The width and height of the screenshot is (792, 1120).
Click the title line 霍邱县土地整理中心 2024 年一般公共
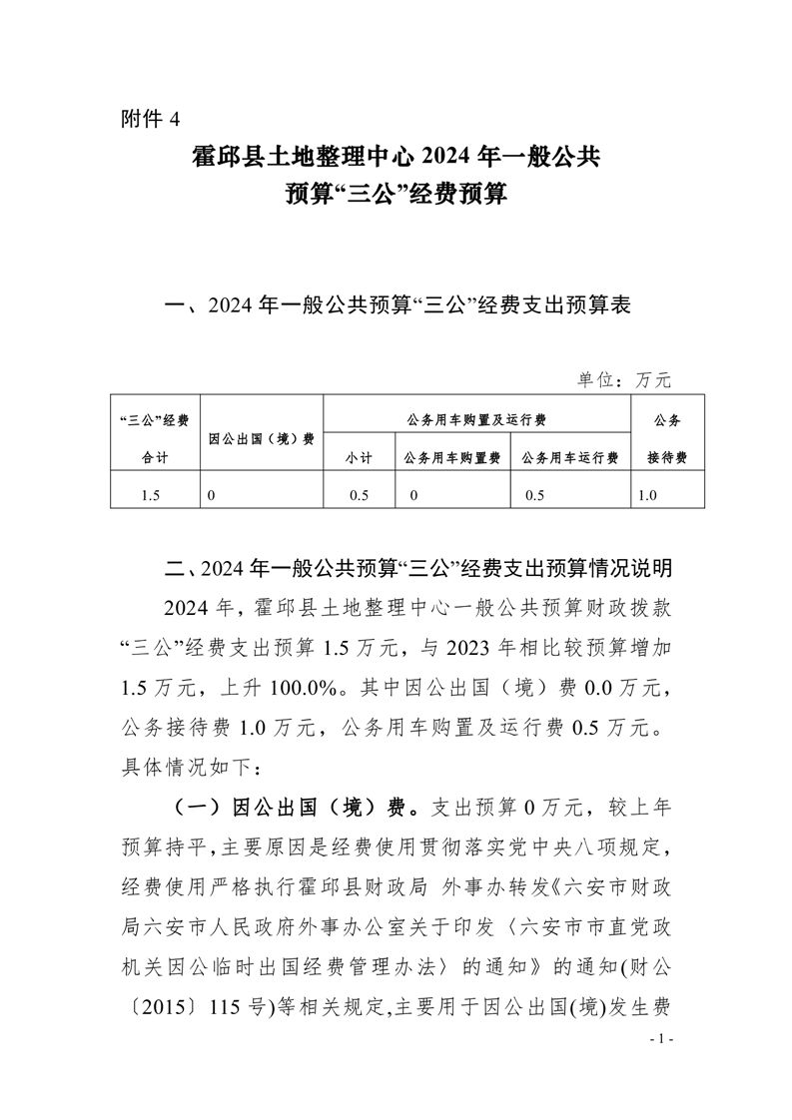tap(396, 157)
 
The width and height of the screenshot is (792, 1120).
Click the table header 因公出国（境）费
tap(263, 437)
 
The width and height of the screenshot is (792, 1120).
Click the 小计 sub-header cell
tap(360, 457)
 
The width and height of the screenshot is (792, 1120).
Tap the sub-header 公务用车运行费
tap(569, 457)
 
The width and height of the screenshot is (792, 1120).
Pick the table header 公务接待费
tap(666, 437)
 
